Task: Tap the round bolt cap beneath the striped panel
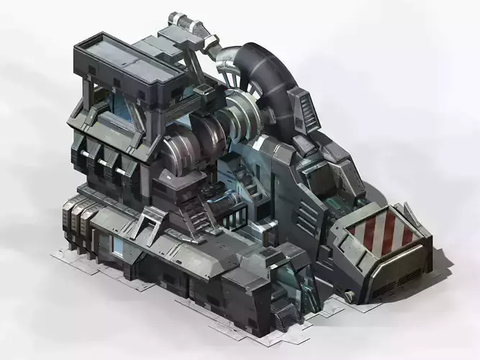(x=350, y=294)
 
